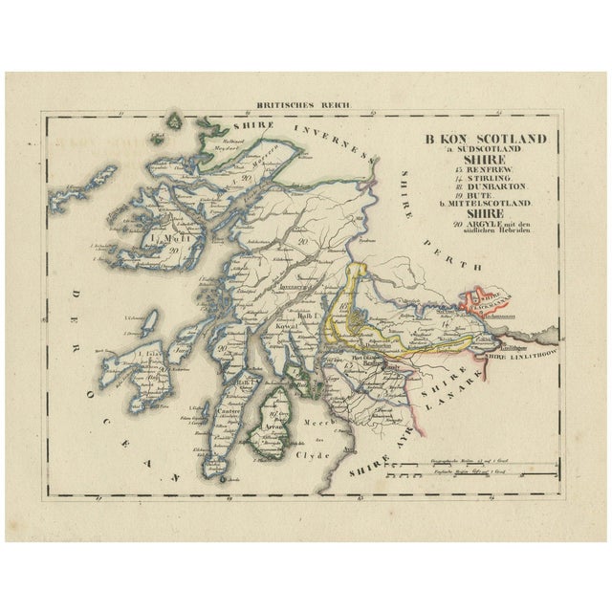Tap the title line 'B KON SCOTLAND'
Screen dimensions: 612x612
point(487,138)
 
